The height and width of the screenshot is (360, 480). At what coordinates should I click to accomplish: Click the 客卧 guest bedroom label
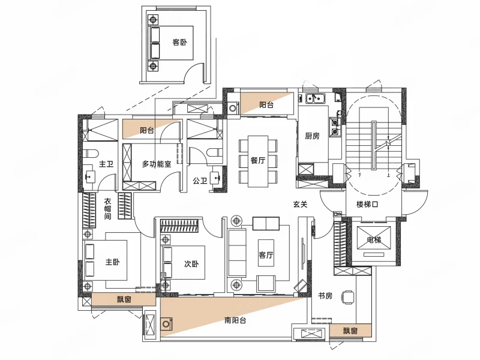coord(179,42)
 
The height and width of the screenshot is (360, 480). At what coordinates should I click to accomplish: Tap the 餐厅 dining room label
coord(258,160)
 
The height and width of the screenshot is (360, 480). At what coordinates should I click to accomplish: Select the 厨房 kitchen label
coord(312,136)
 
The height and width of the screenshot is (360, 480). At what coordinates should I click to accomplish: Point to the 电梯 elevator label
coord(374,239)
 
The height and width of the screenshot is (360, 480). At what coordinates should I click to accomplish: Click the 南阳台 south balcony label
coord(235,320)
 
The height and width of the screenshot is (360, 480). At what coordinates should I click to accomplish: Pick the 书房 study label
coord(325,296)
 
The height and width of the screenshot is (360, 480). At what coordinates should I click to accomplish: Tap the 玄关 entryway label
coord(300,204)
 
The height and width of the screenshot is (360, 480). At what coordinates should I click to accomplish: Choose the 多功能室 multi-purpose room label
coord(157,164)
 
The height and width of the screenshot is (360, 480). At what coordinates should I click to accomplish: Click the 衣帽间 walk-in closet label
coord(108,209)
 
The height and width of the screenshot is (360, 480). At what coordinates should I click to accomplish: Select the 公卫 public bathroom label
coord(200,181)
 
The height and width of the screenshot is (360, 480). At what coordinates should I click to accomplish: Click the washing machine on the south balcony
coord(167,324)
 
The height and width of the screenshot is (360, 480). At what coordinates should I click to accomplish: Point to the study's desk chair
coord(349,296)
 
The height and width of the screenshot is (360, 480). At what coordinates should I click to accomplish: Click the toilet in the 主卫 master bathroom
coord(90,152)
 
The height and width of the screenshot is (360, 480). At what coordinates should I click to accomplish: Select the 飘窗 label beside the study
coord(350,331)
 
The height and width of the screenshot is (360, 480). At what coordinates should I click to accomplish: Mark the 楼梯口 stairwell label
coord(367,204)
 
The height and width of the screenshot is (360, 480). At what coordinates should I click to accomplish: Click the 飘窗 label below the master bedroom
coord(124,299)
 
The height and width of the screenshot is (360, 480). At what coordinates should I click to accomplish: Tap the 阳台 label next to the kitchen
coord(266,105)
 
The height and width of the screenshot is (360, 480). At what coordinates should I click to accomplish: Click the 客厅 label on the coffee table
coord(266,254)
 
